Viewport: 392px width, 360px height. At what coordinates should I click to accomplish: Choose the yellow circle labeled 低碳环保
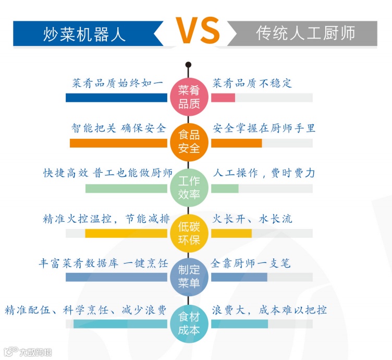click(x=189, y=233)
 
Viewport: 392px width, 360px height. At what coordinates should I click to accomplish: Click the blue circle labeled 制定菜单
click(x=189, y=277)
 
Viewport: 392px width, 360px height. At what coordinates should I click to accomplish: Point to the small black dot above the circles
click(x=188, y=65)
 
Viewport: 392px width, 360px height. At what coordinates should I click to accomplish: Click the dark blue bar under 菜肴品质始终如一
click(x=116, y=98)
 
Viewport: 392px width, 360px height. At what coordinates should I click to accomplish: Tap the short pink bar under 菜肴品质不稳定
click(x=223, y=98)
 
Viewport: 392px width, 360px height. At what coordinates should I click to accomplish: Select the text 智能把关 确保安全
click(x=118, y=128)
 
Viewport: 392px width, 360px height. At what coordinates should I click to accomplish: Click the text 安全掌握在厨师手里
click(x=264, y=128)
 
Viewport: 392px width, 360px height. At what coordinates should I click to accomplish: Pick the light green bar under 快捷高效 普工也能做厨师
click(x=126, y=188)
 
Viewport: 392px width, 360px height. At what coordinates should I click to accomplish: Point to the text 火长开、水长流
click(x=252, y=219)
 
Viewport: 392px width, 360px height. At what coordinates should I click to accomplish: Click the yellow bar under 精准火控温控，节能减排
click(x=126, y=233)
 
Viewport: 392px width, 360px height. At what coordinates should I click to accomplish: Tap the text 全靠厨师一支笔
click(x=251, y=263)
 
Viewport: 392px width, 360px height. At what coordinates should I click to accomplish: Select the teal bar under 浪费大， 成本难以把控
click(x=239, y=324)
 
